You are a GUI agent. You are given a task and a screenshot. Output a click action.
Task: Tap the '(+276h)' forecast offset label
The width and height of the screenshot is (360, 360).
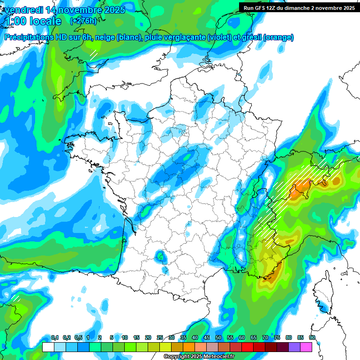click(x=83, y=21)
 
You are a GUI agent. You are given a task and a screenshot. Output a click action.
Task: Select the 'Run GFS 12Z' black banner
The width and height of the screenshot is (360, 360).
click(x=299, y=7)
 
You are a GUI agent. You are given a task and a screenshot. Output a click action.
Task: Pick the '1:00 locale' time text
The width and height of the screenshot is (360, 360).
click(x=32, y=21)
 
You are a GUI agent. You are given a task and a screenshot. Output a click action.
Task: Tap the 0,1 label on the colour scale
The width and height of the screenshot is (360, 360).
click(x=54, y=338)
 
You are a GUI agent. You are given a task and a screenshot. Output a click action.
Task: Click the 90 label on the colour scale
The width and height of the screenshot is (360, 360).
click(x=312, y=338)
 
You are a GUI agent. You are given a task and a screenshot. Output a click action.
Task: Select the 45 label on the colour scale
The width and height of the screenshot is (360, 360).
click(x=207, y=338)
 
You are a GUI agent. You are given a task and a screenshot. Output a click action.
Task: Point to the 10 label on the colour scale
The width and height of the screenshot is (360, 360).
click(x=124, y=338)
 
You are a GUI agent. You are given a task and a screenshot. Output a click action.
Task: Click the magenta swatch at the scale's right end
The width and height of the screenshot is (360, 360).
click(x=306, y=347)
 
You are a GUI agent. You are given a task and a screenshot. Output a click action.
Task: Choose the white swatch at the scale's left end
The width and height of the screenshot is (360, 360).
click(x=48, y=347)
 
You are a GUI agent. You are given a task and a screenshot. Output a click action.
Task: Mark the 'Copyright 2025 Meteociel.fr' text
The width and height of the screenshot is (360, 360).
click(x=199, y=357)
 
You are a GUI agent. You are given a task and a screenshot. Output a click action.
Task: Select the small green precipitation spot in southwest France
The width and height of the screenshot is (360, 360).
click(x=161, y=256)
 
